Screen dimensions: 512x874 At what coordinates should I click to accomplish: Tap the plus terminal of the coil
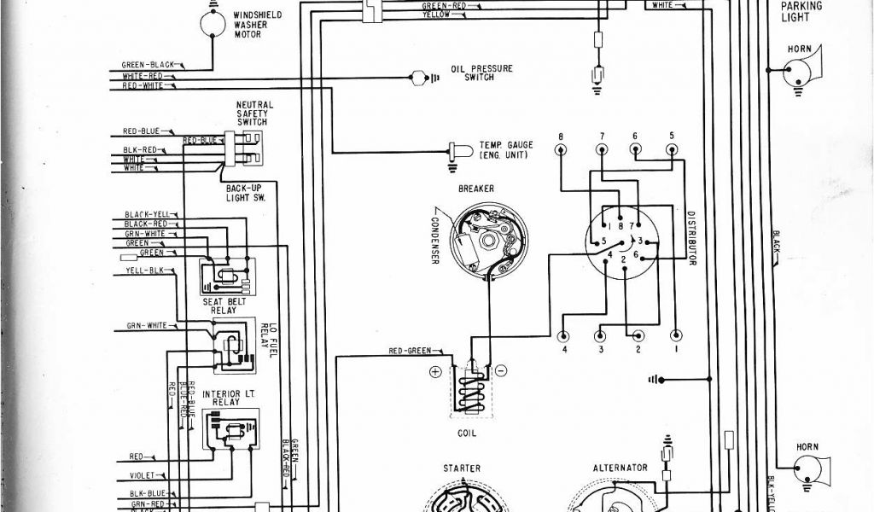click(435, 372)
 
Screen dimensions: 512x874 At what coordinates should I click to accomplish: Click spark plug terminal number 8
click(561, 149)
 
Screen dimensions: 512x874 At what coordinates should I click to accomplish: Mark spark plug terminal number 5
click(672, 149)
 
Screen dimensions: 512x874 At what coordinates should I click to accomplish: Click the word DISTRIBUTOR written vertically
click(689, 238)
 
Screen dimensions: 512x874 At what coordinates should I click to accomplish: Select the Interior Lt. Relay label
click(226, 400)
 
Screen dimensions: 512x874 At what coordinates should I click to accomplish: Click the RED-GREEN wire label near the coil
click(410, 351)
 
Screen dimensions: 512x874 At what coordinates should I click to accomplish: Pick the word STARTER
click(462, 468)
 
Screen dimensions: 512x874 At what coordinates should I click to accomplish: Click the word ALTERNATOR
click(621, 468)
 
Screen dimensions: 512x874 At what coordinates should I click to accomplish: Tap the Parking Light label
click(801, 11)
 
